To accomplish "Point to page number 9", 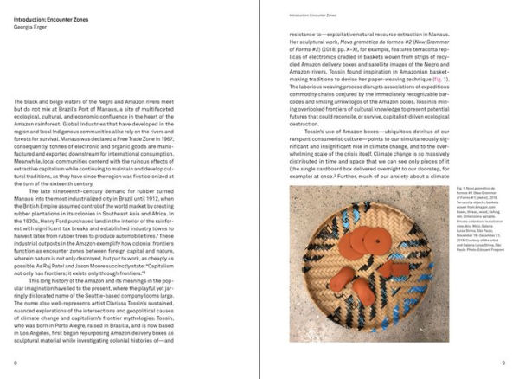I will tap(501, 364).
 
